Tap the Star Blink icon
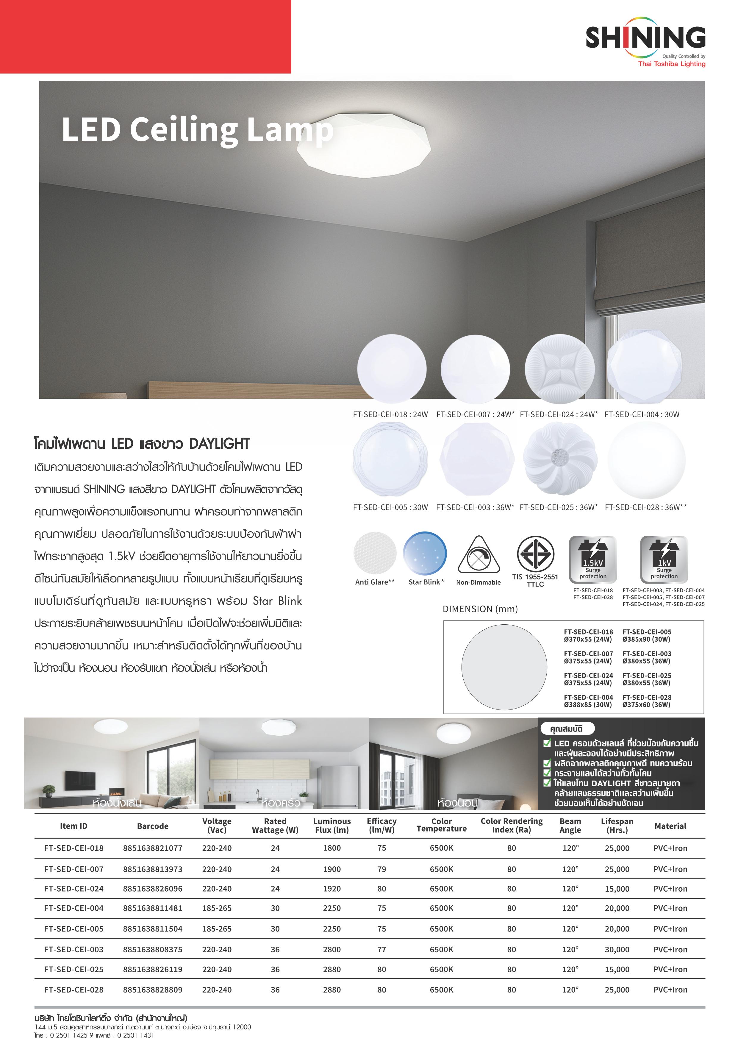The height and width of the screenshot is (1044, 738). click(425, 553)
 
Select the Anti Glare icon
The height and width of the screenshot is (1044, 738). click(375, 553)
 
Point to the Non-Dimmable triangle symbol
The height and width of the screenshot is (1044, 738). click(478, 556)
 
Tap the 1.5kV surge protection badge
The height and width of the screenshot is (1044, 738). click(593, 559)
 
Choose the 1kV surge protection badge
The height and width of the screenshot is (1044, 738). click(664, 559)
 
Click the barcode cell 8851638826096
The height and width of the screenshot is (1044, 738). click(152, 888)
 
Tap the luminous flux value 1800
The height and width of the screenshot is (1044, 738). click(332, 848)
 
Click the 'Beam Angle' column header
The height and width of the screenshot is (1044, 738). click(570, 825)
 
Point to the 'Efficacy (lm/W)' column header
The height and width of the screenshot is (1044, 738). click(381, 825)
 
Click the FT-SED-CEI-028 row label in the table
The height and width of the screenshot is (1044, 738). click(74, 990)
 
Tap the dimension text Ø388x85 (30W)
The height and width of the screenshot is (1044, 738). click(588, 705)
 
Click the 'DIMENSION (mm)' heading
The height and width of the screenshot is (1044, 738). click(480, 609)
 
